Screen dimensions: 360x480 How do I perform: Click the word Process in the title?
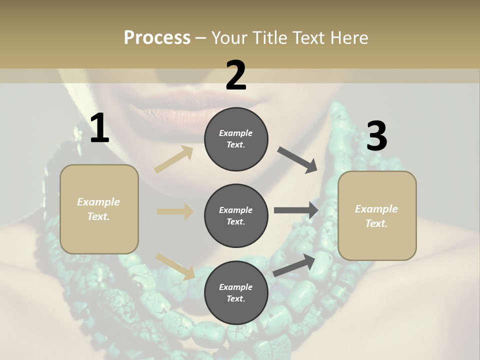[157, 38]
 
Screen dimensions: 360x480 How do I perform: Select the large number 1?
[99, 128]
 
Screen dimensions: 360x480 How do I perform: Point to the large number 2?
[236, 75]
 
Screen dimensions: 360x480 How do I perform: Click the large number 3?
[376, 136]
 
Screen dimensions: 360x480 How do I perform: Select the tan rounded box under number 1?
[99, 209]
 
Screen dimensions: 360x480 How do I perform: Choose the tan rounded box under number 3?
[377, 216]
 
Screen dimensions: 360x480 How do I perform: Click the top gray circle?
[236, 139]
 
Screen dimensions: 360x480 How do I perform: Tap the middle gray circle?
[236, 216]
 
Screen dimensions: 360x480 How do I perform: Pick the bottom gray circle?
[236, 293]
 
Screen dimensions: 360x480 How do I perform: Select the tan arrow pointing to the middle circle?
[175, 211]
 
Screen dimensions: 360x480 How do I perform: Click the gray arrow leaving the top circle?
[297, 159]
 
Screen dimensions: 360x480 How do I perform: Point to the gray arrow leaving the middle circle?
[296, 210]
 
